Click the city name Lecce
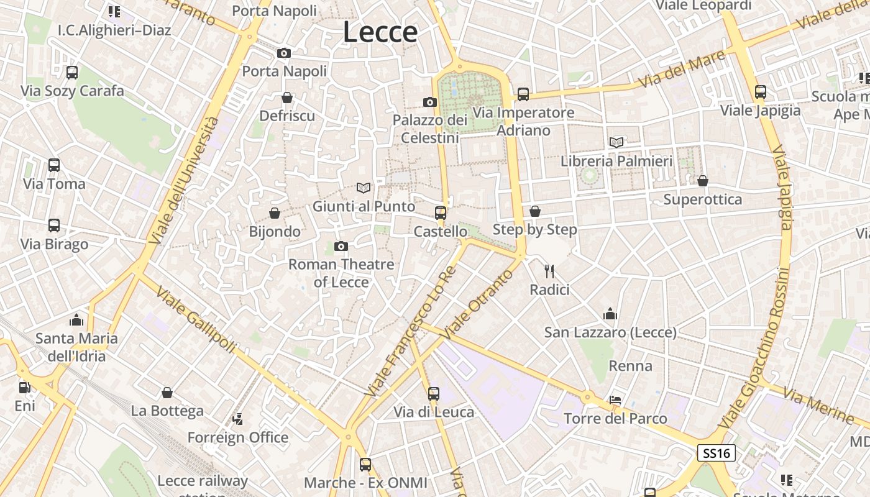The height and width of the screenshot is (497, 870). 380,32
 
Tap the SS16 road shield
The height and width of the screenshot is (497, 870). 716,453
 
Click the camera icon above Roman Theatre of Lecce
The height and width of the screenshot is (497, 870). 341,247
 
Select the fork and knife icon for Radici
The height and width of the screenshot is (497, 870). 549,271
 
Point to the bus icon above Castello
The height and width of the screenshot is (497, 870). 441,213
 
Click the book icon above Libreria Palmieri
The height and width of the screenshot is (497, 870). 616,143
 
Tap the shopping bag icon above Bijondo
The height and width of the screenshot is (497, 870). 275,214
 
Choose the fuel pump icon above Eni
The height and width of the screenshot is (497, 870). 25,388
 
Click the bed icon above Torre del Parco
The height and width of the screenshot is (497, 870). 615,400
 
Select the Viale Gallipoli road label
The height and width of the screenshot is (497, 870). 196,319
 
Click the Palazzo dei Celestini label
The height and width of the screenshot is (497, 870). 430,129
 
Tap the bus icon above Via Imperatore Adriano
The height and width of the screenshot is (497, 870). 523,94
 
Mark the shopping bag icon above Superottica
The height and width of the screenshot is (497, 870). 703,181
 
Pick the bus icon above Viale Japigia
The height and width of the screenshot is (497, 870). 761,92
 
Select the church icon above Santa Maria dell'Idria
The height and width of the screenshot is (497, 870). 77,320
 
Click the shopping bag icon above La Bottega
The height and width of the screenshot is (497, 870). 167,393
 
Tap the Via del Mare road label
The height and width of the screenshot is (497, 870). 682,70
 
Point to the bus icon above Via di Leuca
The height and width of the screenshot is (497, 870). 434,393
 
